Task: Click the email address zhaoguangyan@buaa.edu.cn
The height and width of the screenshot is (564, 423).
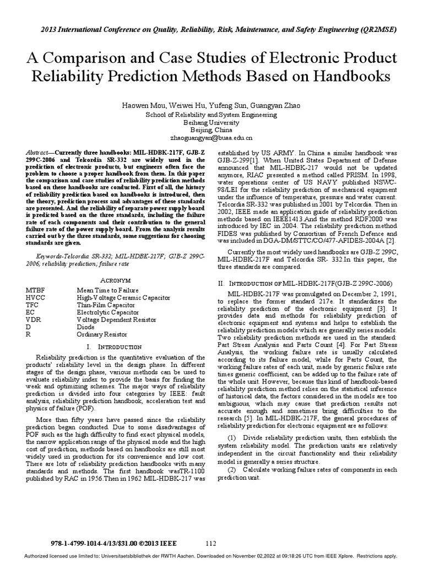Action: click(x=211, y=138)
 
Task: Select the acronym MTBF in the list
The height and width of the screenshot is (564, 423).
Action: click(x=35, y=290)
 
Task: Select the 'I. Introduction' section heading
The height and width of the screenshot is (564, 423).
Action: click(x=112, y=348)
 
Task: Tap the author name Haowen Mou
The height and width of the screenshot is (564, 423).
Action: click(x=143, y=105)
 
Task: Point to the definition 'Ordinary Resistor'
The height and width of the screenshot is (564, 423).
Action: click(x=102, y=333)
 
